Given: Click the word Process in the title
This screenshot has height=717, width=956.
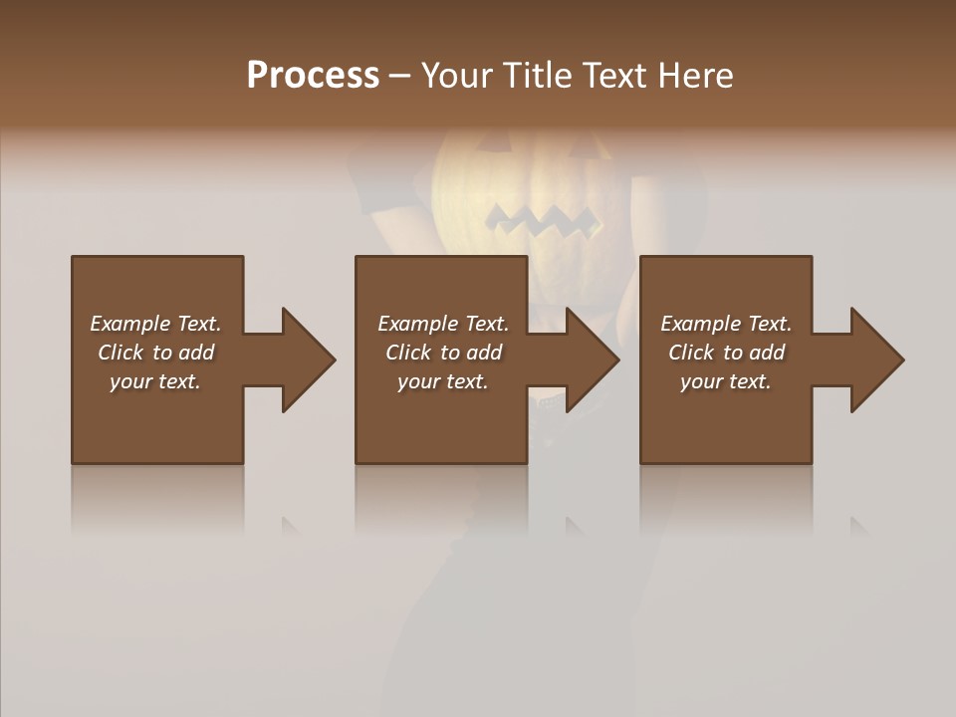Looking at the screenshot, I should pyautogui.click(x=313, y=76).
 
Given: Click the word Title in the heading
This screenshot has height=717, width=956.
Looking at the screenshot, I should pyautogui.click(x=538, y=76).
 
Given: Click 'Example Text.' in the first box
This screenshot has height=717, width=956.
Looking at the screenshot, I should pyautogui.click(x=155, y=324).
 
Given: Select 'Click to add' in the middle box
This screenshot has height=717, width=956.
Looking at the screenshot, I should pyautogui.click(x=443, y=353).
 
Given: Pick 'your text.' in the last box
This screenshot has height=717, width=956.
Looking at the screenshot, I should pyautogui.click(x=726, y=381).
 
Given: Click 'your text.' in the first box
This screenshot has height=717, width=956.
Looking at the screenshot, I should pyautogui.click(x=155, y=381).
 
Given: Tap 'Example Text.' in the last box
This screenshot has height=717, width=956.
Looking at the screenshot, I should pyautogui.click(x=726, y=324).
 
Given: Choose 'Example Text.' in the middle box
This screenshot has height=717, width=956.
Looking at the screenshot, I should pyautogui.click(x=443, y=324).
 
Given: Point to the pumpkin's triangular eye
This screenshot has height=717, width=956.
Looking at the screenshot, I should pyautogui.click(x=488, y=147).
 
